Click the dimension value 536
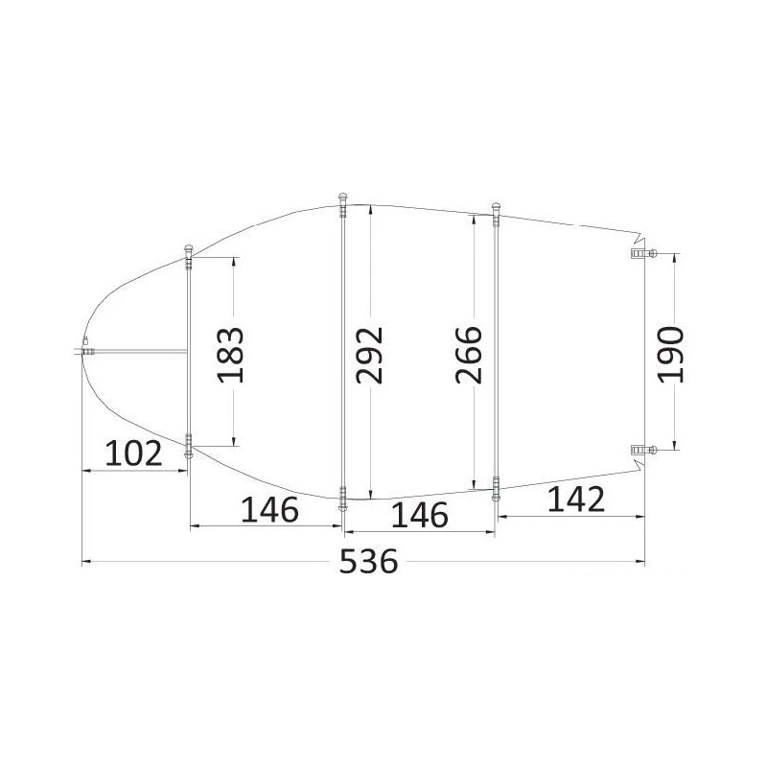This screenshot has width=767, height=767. click(x=369, y=563)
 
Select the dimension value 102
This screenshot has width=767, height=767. click(x=133, y=453)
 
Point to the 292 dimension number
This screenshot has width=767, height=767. click(x=369, y=354)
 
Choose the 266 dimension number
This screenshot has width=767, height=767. click(x=469, y=354)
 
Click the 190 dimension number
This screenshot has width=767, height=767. click(x=672, y=354)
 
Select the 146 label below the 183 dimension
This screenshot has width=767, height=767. click(x=269, y=510)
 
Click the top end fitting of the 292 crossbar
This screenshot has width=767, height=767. click(x=342, y=201)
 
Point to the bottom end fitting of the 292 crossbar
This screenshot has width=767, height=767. click(x=342, y=498)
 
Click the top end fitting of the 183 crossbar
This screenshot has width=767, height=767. click(x=189, y=255)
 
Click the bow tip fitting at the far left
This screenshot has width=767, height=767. click(x=85, y=350)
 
